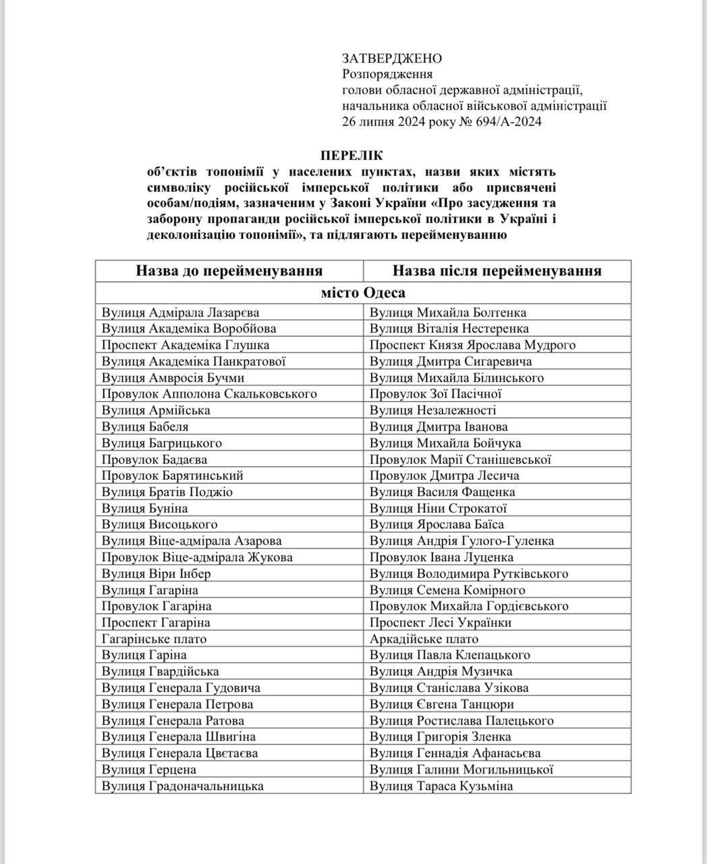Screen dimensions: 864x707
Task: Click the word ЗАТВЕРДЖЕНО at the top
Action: tap(392, 59)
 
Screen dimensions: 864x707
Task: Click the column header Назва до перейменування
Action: tap(229, 271)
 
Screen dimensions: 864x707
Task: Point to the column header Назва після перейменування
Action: tap(497, 271)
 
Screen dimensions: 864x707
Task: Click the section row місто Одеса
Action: tap(363, 292)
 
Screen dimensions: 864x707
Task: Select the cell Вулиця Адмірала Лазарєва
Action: tap(180, 313)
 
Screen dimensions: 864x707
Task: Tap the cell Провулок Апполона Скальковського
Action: tap(209, 394)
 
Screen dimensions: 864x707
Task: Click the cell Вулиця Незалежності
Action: tap(432, 410)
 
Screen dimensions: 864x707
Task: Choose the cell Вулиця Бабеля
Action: tap(145, 427)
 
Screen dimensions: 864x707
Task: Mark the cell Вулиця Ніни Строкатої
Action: tap(438, 508)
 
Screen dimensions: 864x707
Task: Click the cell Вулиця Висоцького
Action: tap(159, 524)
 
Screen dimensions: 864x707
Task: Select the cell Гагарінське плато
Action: tap(154, 639)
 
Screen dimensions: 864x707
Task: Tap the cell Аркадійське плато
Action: tap(424, 639)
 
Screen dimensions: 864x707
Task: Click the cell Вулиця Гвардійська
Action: tap(160, 671)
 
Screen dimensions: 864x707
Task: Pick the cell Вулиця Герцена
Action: tap(148, 769)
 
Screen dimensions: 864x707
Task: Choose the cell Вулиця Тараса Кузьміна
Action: tap(441, 786)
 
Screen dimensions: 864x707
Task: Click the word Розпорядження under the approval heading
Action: tap(387, 74)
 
